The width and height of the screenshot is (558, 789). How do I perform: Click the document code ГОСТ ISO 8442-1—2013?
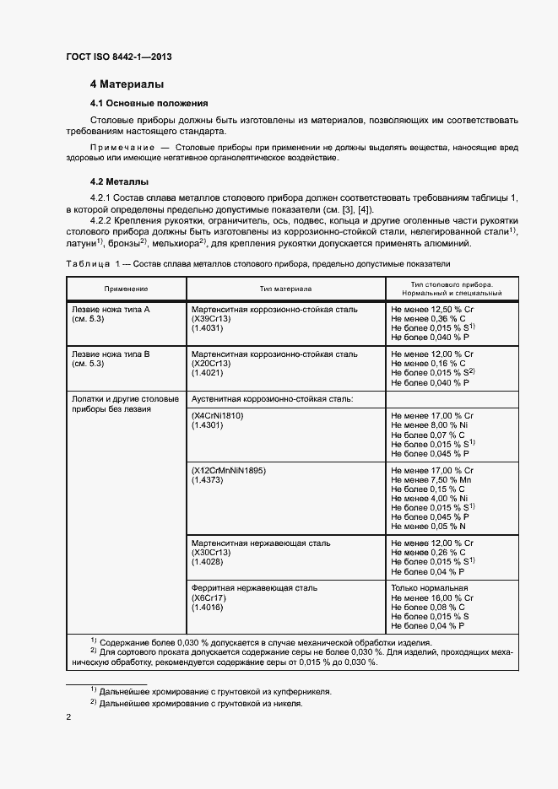coord(124,57)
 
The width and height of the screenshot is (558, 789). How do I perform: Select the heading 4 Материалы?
coord(127,84)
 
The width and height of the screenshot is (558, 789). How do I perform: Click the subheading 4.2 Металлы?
coord(119,181)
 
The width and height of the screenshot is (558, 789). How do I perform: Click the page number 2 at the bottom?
coord(68,717)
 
